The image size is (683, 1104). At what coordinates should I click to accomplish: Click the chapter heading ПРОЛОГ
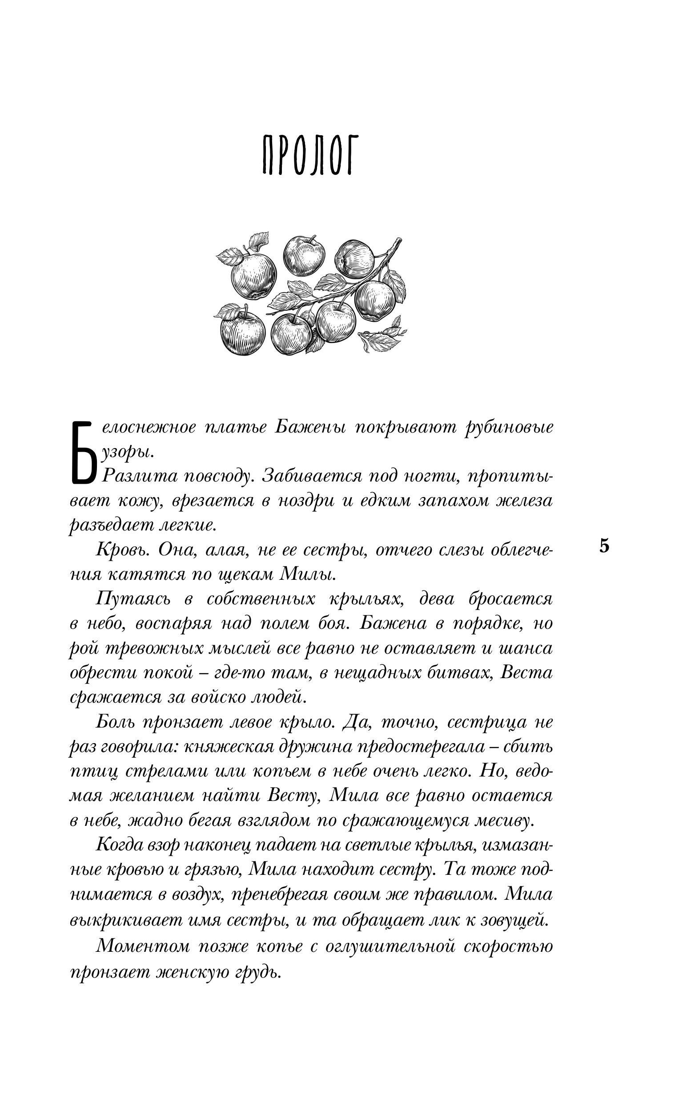308,155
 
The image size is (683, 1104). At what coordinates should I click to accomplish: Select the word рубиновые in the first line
509,428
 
